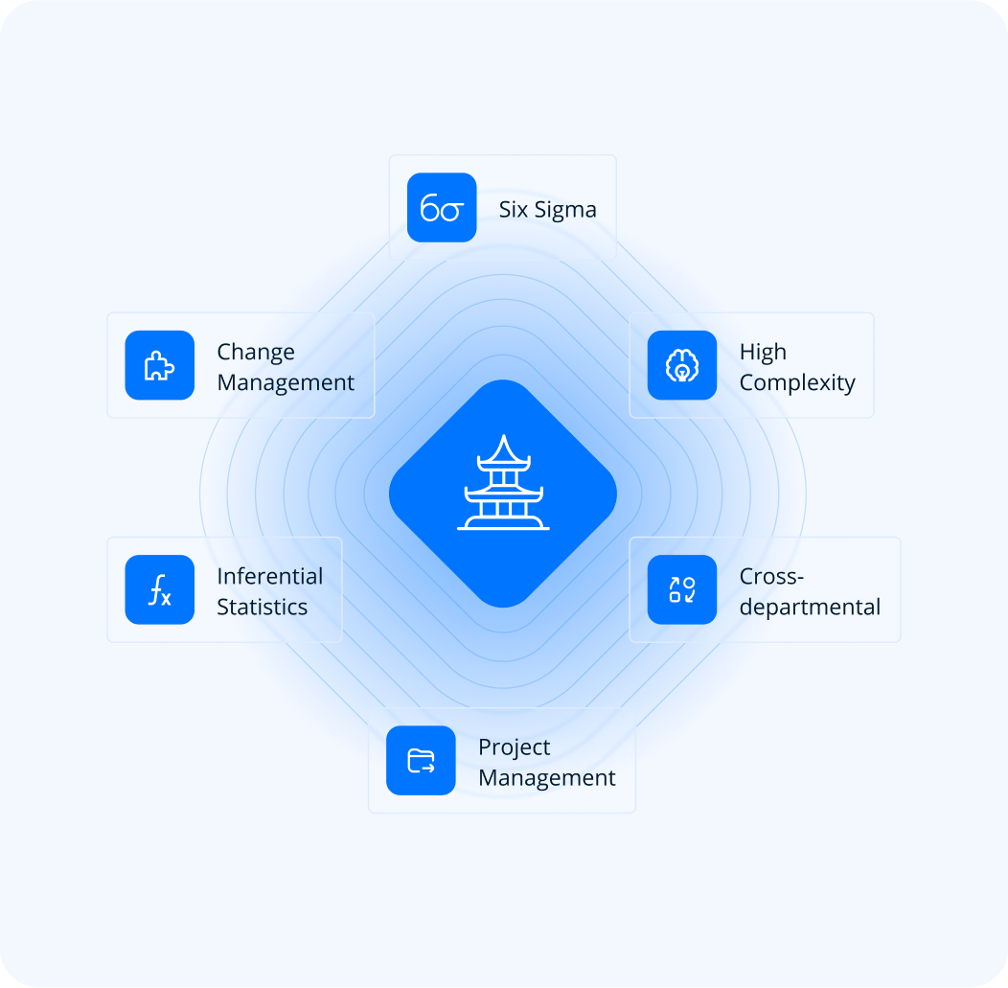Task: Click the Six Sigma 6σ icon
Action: (442, 208)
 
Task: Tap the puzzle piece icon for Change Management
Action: (159, 365)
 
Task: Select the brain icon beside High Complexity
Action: (682, 365)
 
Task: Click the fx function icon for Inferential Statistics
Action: (159, 589)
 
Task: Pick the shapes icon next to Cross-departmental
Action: (682, 589)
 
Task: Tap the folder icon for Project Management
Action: (421, 761)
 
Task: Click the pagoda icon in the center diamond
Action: (503, 484)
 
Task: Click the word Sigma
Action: (565, 210)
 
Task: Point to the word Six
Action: (514, 210)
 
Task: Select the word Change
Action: (256, 353)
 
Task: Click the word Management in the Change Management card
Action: (286, 382)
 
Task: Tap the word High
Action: (763, 353)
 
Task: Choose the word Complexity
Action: (797, 383)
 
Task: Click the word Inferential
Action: (269, 577)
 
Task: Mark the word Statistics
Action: (262, 607)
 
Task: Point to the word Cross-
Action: (771, 577)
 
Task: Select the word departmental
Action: (810, 608)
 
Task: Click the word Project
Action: (515, 747)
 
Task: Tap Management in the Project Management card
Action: (547, 777)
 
